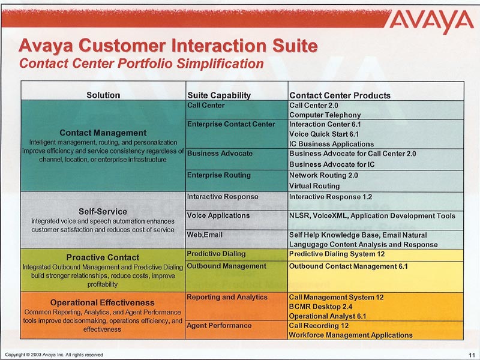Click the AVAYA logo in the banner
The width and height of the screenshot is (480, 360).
tap(432, 21)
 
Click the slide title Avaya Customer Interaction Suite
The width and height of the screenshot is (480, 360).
tap(168, 46)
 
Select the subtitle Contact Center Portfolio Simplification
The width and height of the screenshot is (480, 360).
tap(142, 64)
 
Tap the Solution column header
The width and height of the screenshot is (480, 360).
tap(103, 95)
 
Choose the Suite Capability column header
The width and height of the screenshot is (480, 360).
tap(219, 95)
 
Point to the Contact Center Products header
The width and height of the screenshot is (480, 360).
tap(340, 95)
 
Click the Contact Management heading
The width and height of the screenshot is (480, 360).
tap(103, 133)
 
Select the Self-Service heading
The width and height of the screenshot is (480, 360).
tap(103, 212)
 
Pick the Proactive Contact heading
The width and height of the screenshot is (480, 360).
tap(103, 257)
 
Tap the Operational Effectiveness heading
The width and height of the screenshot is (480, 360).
tap(102, 302)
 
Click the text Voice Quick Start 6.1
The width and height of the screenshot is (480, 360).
tap(324, 134)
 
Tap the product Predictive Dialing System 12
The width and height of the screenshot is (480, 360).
tap(337, 254)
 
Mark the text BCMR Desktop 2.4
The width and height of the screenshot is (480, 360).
tap(320, 307)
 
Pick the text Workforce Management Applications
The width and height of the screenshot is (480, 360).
tap(351, 335)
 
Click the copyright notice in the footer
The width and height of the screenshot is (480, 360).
tap(54, 355)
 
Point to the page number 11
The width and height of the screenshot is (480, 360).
tap(472, 355)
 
